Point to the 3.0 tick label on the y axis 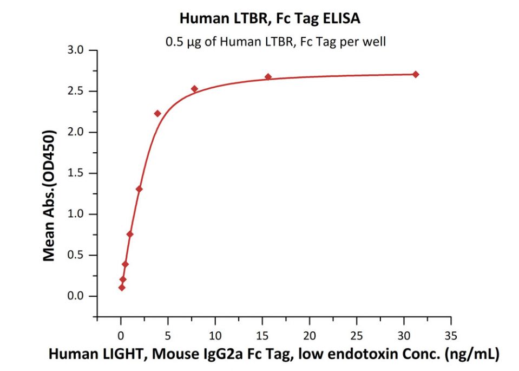point(77,50)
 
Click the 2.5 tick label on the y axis point(77,92)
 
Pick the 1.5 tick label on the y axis point(77,173)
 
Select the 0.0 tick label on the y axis point(77,296)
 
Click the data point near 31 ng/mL point(415,74)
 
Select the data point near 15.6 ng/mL point(268,77)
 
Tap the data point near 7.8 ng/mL point(194,89)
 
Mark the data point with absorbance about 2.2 point(157,113)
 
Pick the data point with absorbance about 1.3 point(139,189)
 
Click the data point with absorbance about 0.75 point(130,234)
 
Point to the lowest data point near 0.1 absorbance point(122,288)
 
